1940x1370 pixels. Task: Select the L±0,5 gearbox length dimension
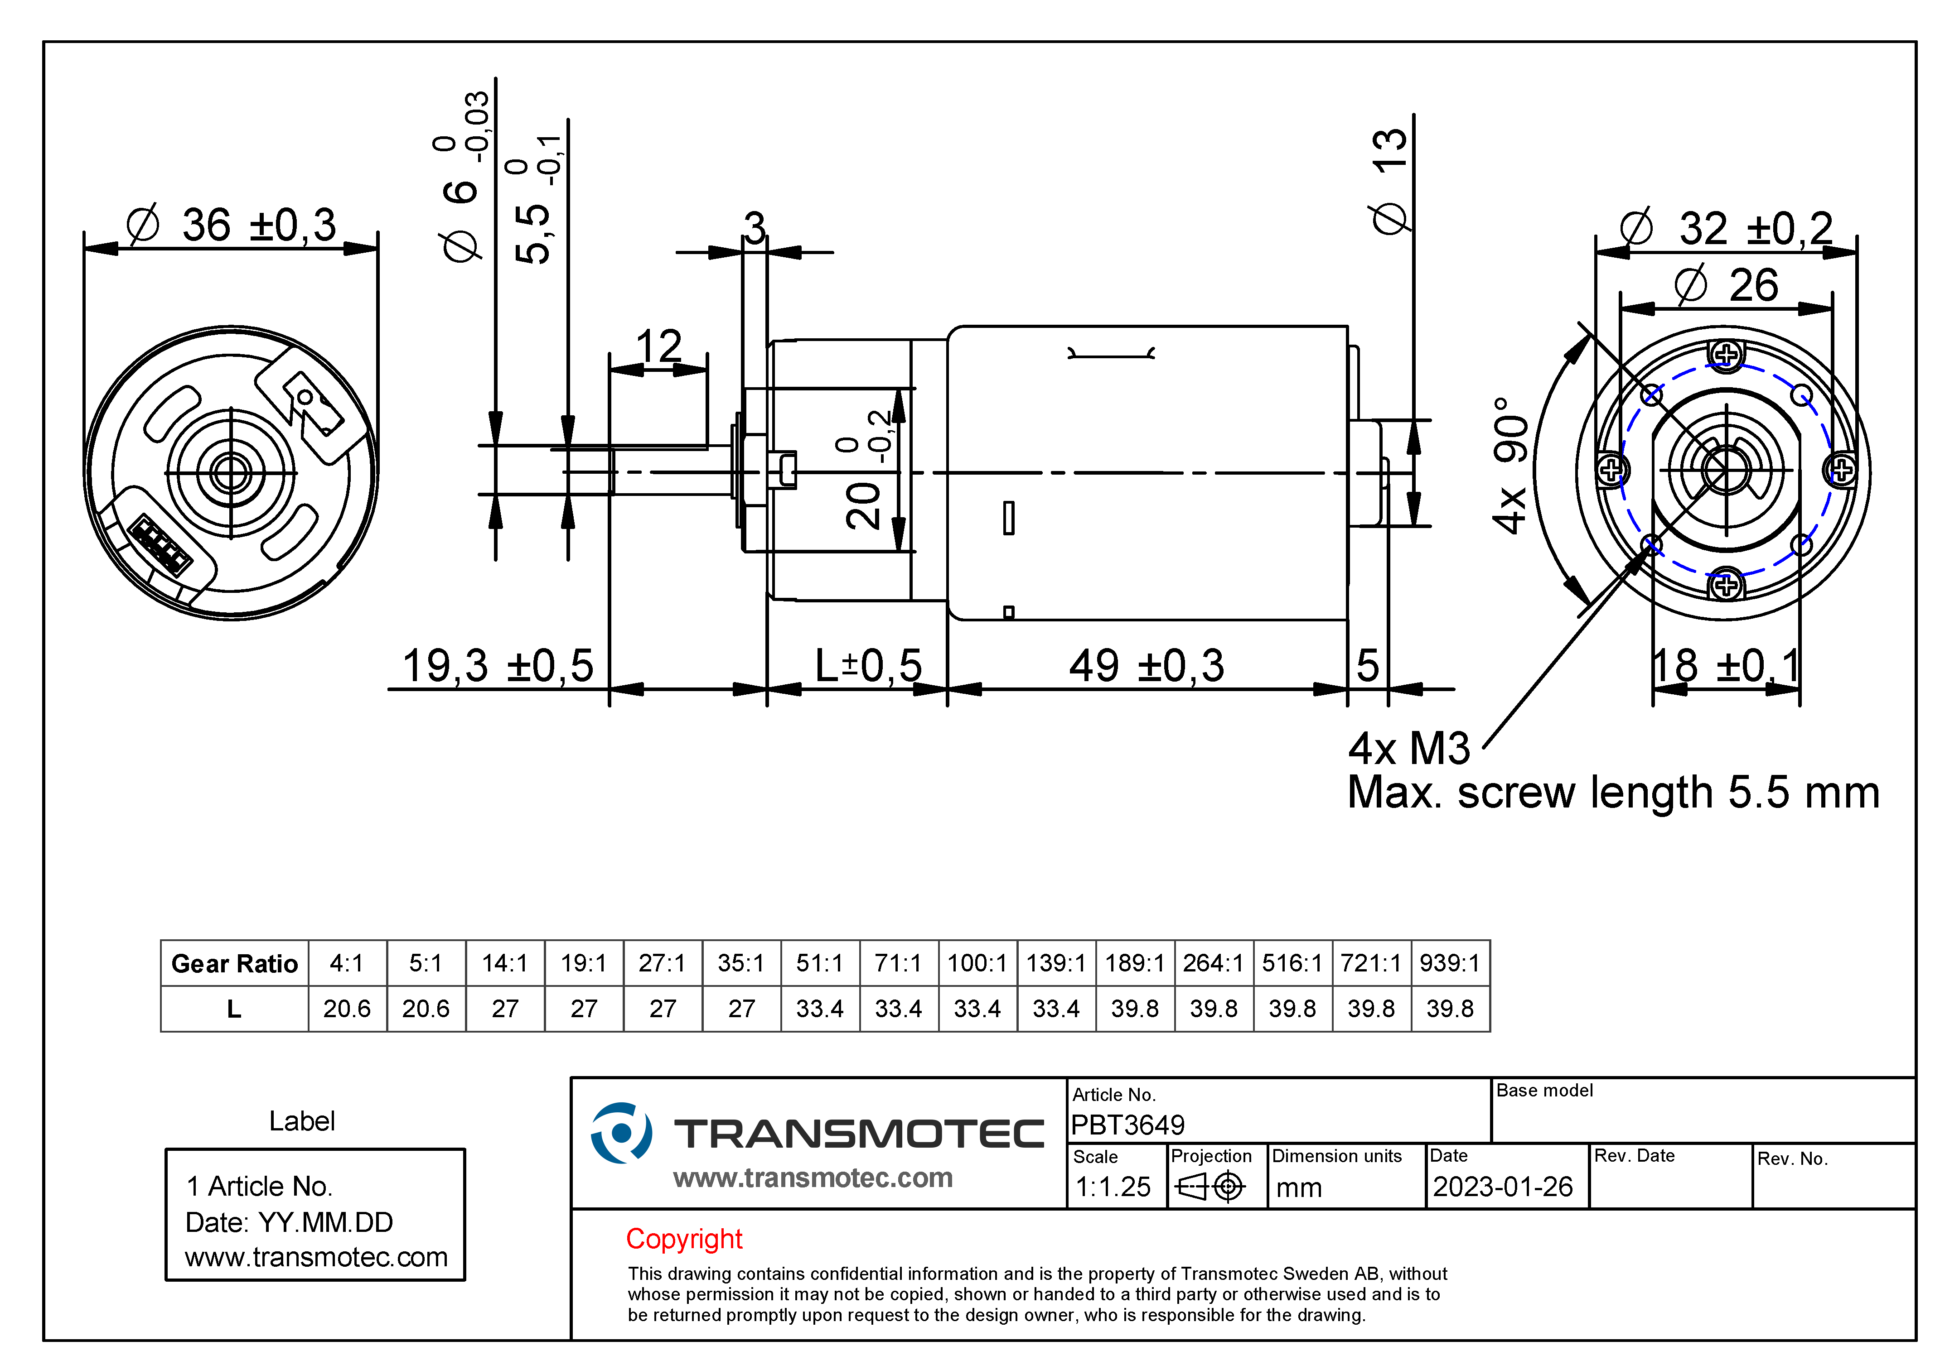(x=868, y=666)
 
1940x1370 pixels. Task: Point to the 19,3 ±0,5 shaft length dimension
(x=498, y=666)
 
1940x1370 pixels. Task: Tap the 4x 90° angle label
(x=1511, y=466)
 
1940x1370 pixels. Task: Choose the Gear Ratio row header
(x=234, y=964)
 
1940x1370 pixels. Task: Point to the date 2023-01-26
(x=1502, y=1187)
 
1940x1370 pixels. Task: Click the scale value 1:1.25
(x=1113, y=1187)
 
